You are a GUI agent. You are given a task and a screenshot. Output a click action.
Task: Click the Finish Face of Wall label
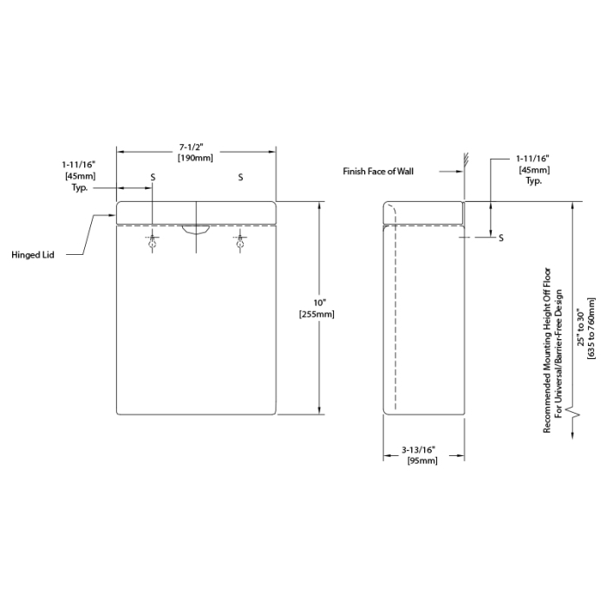pos(378,172)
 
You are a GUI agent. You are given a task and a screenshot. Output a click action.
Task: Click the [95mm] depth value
pos(421,461)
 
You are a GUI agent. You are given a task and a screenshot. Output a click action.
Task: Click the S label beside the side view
pos(502,238)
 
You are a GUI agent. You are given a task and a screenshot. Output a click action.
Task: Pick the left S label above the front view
pos(153,177)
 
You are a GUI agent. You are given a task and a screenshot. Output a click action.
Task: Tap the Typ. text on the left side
pos(81,186)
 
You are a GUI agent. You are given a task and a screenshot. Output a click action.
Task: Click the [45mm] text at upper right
pos(533,170)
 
